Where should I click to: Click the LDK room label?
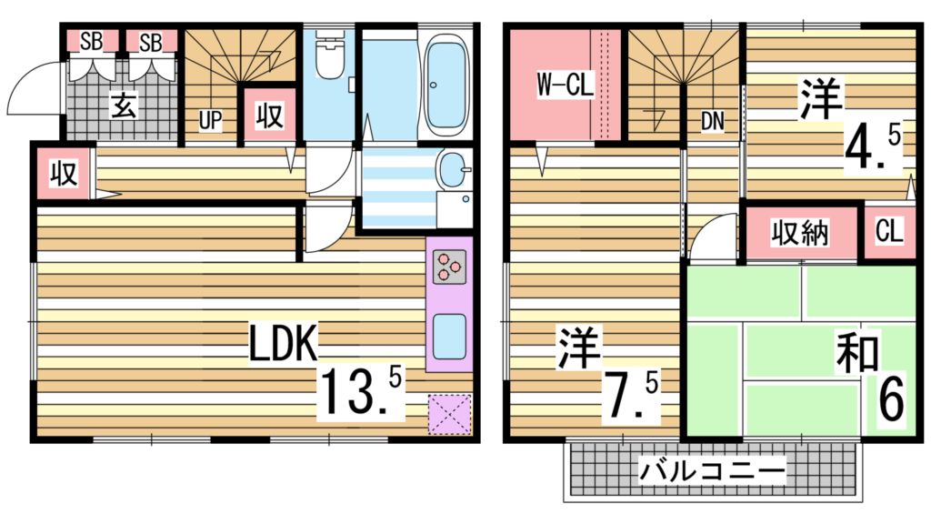[284, 345]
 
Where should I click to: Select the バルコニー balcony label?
[711, 471]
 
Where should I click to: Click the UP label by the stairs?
[210, 122]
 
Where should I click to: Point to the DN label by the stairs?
[712, 122]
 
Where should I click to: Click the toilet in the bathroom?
[329, 56]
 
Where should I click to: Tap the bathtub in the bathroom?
[445, 83]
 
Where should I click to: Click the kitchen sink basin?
[449, 337]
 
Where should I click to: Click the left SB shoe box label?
[91, 41]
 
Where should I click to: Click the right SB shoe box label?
[151, 41]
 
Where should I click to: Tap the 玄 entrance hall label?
[124, 106]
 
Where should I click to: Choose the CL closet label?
[888, 232]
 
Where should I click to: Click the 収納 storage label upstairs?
[800, 234]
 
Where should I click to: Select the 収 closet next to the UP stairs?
[269, 116]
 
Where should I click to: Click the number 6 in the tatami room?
[892, 400]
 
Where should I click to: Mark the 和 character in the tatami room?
[856, 356]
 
